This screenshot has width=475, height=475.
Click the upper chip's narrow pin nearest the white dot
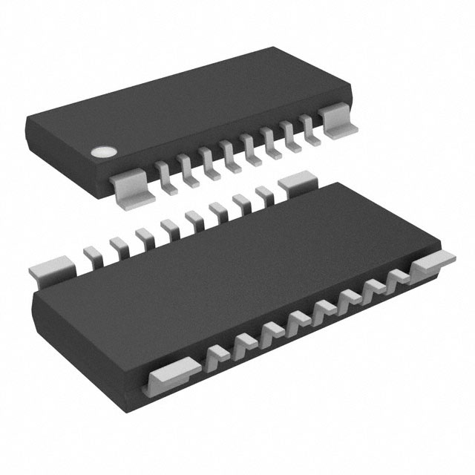tap(163, 176)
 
